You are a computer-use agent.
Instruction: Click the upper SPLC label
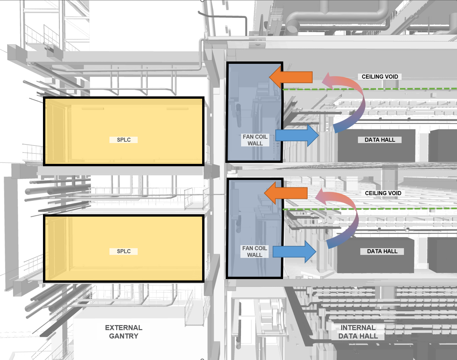click(x=124, y=140)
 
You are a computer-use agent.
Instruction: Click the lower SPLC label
click(x=124, y=251)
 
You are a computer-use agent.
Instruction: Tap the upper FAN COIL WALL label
click(x=255, y=140)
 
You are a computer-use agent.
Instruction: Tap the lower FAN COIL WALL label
click(x=255, y=252)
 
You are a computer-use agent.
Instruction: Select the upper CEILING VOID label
click(x=380, y=77)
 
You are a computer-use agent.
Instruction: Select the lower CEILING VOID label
click(x=383, y=193)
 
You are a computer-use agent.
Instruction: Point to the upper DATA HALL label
click(x=380, y=140)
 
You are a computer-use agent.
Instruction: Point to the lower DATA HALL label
click(x=382, y=251)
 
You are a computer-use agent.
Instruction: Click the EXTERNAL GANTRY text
click(x=124, y=332)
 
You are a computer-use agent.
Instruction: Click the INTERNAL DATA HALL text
click(x=358, y=332)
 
